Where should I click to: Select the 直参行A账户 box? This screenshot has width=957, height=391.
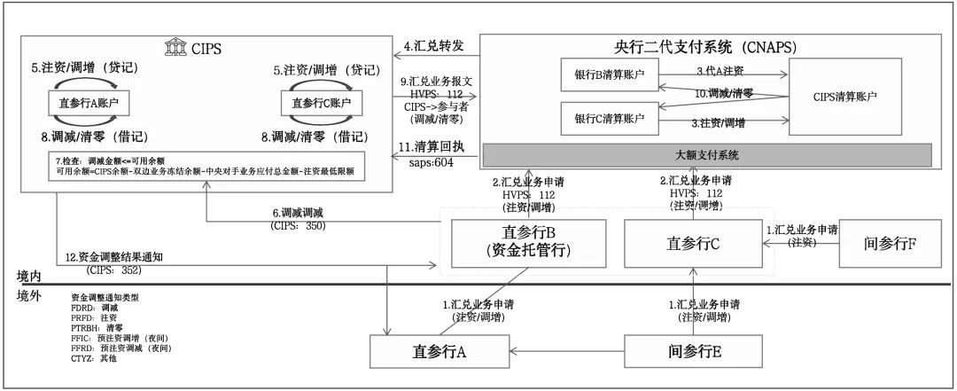point(88,104)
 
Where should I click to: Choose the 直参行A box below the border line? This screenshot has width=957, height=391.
point(440,351)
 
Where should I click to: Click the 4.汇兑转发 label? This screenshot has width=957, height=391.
point(433,45)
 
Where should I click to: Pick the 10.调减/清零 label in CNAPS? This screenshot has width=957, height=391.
point(723,92)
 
